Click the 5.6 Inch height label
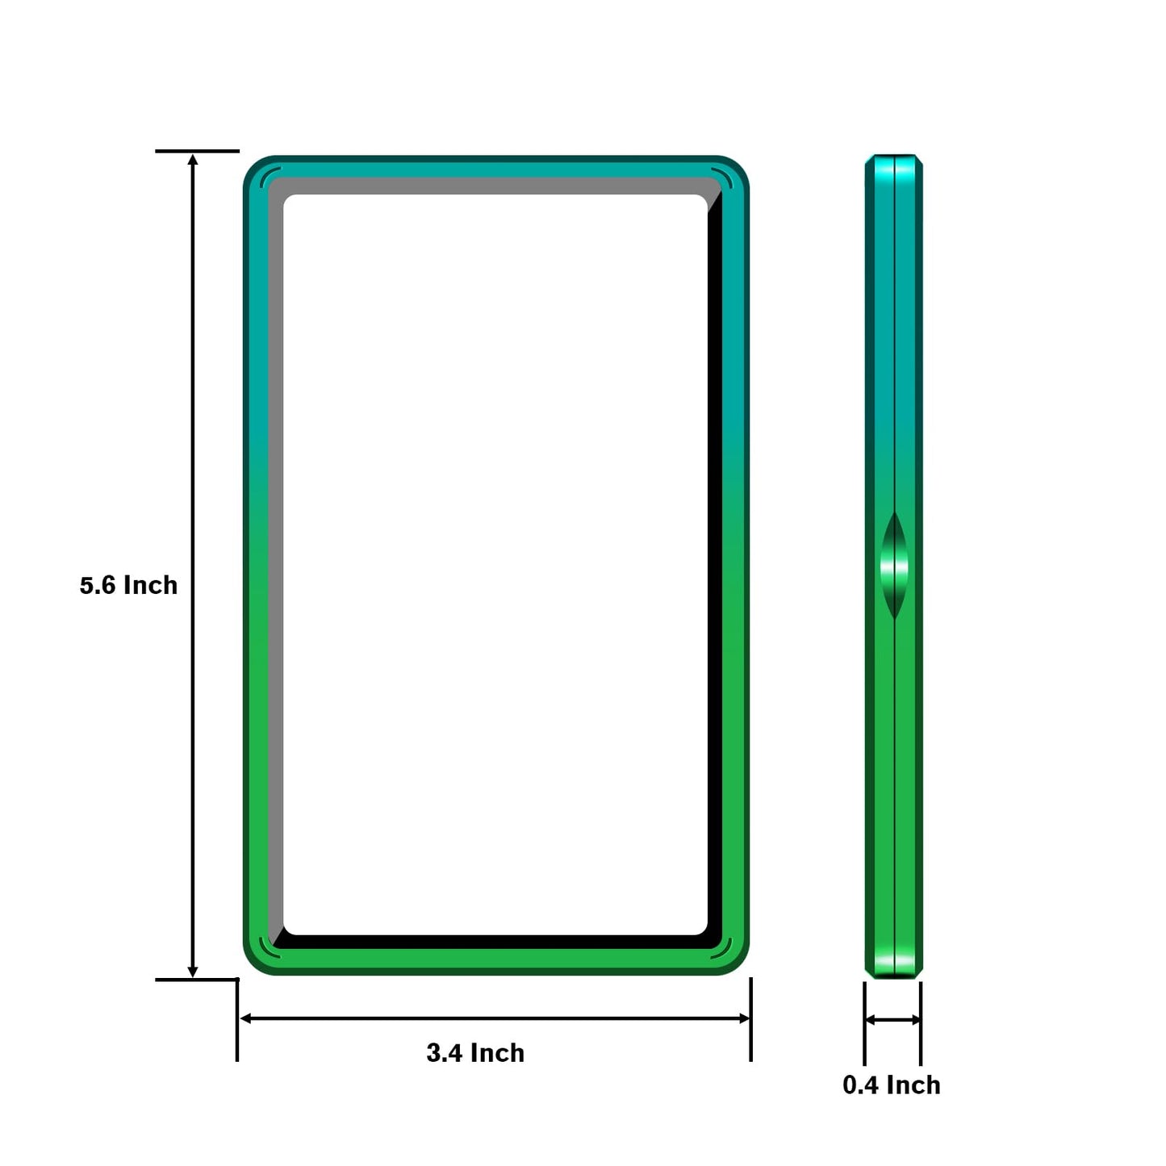pos(128,585)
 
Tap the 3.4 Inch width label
pos(475,1053)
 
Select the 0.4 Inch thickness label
pos(891,1085)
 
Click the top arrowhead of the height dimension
pos(193,160)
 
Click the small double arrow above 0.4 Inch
pos(892,1020)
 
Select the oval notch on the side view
pos(894,566)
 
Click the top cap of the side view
pos(894,166)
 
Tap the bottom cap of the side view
pos(894,963)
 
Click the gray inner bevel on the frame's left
pos(275,565)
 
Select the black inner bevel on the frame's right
pos(715,565)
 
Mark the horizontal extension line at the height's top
pos(197,151)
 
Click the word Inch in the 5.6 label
pos(150,585)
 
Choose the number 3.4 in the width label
pos(445,1053)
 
